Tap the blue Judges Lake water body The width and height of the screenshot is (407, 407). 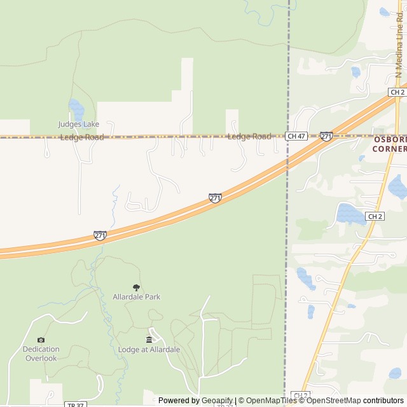[x=76, y=109]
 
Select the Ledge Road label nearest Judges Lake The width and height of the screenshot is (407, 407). [x=81, y=137]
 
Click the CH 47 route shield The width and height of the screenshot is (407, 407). [x=296, y=136]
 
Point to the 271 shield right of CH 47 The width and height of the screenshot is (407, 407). [x=326, y=136]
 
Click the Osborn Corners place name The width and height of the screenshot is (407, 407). [x=389, y=143]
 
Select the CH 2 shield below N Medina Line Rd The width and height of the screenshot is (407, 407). [x=397, y=92]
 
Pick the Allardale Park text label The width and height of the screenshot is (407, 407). [x=136, y=297]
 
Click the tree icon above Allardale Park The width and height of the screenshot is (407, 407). [x=135, y=287]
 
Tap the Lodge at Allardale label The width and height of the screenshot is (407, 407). [x=149, y=350]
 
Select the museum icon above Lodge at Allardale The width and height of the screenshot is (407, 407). [x=149, y=340]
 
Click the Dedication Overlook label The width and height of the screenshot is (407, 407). [x=41, y=354]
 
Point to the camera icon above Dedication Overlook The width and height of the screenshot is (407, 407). [x=41, y=340]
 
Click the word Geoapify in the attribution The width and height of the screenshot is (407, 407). [x=217, y=401]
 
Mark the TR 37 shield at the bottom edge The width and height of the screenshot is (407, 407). [x=74, y=404]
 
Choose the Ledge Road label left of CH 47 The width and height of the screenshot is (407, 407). [x=249, y=137]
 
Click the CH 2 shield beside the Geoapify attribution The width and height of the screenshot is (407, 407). [x=300, y=396]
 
